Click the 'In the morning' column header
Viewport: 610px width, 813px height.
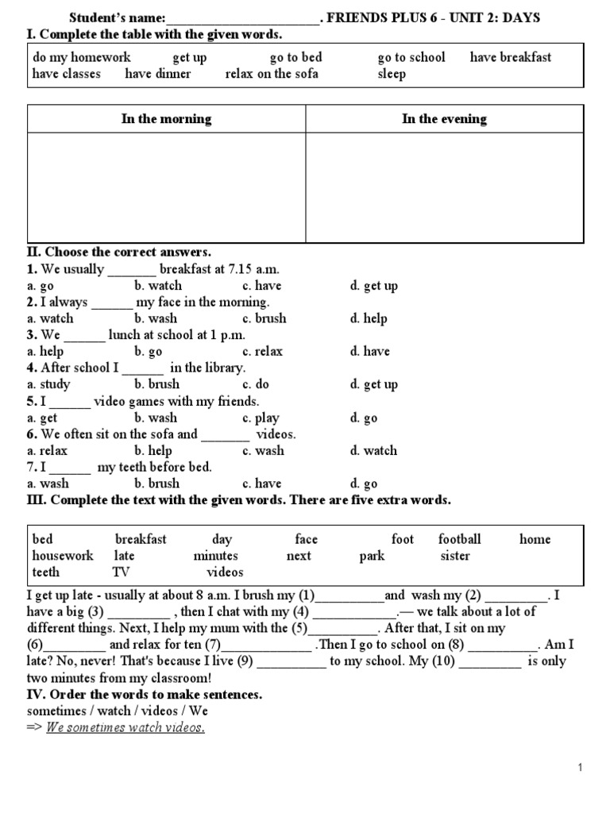[x=166, y=119]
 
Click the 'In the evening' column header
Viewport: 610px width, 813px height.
[x=444, y=119]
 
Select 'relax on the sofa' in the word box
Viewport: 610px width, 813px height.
[x=272, y=74]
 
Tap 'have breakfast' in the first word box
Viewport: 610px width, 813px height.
[x=510, y=57]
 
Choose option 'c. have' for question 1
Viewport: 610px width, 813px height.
[x=262, y=286]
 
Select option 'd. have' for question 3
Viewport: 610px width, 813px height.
[x=369, y=352]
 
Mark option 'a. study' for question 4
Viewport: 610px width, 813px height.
[x=48, y=384]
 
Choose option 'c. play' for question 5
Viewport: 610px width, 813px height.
[x=261, y=418]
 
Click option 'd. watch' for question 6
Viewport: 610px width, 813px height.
[x=373, y=451]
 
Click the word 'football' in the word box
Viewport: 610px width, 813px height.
[x=460, y=539]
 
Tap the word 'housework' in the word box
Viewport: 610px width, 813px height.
[x=63, y=556]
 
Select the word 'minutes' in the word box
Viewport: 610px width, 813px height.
[x=215, y=556]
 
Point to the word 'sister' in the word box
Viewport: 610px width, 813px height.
[x=455, y=556]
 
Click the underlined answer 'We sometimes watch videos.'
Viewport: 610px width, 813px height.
[x=125, y=728]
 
